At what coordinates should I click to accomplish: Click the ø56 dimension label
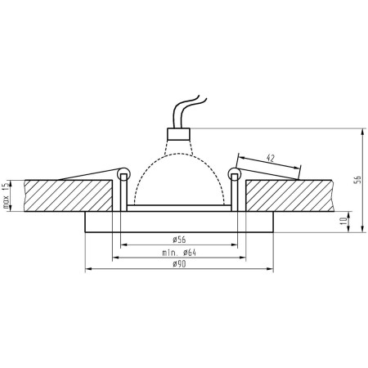[x=178, y=238]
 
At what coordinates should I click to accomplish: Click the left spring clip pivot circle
[x=123, y=173]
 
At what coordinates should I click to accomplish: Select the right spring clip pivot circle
[x=236, y=173]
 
